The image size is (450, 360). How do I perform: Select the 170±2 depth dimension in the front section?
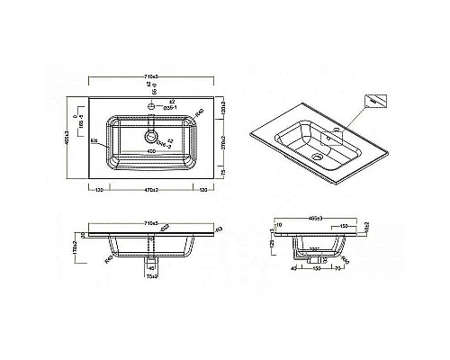coord(76,243)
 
